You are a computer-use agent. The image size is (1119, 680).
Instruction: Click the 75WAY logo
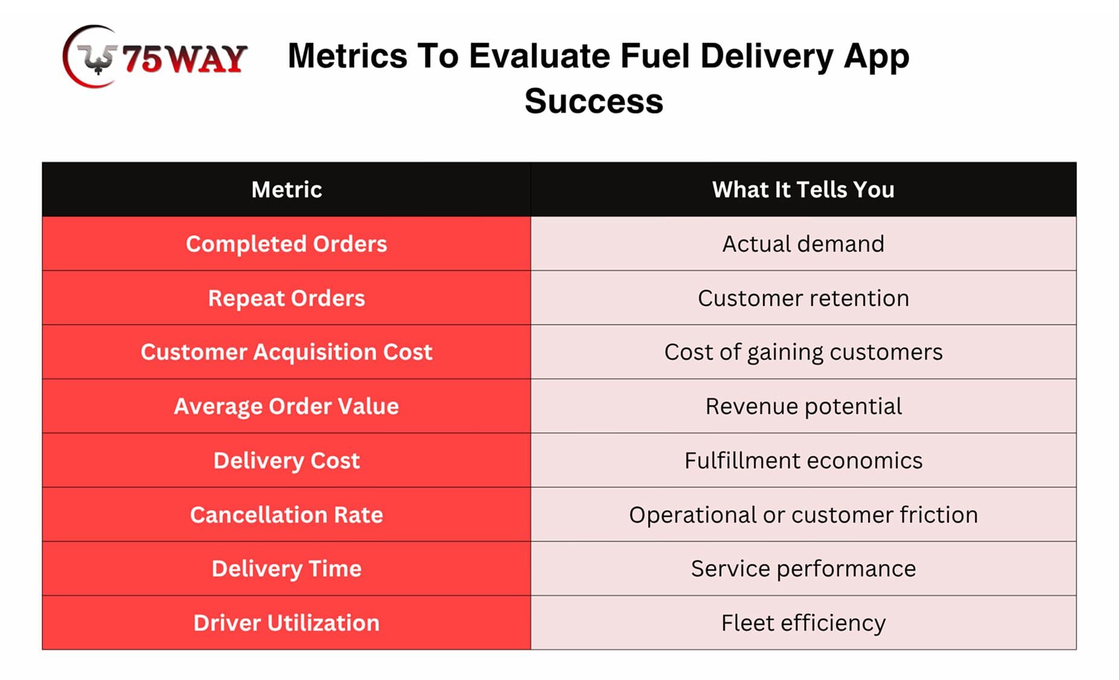click(x=155, y=57)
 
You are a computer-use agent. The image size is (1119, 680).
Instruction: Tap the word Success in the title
click(x=594, y=101)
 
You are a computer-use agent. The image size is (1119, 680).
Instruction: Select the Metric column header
click(x=286, y=189)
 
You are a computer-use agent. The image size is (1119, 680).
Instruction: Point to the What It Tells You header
click(x=803, y=189)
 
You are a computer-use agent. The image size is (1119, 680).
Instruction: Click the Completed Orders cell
click(x=286, y=244)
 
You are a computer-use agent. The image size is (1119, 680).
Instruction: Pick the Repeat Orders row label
click(x=286, y=298)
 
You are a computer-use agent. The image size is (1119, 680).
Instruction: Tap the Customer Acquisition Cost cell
click(x=286, y=352)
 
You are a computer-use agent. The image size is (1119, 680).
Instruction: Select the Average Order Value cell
click(x=286, y=406)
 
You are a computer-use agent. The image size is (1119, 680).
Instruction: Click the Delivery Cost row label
click(x=286, y=461)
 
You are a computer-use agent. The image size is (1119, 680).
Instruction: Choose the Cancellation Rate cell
click(x=286, y=514)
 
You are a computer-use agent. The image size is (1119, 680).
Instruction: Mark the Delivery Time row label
click(x=286, y=569)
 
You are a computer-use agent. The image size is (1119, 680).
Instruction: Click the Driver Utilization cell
click(x=286, y=623)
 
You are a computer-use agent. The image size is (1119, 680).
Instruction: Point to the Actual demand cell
click(x=803, y=244)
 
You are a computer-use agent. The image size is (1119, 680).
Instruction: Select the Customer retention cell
click(x=803, y=298)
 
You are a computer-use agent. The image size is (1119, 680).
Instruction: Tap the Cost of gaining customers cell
click(x=803, y=352)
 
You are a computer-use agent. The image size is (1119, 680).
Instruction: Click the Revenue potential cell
click(x=803, y=406)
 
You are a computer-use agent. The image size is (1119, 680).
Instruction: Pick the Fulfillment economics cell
click(x=803, y=461)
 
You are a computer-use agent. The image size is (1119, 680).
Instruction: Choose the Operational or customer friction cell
click(x=803, y=514)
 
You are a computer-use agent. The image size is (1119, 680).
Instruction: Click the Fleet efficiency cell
click(x=803, y=623)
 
